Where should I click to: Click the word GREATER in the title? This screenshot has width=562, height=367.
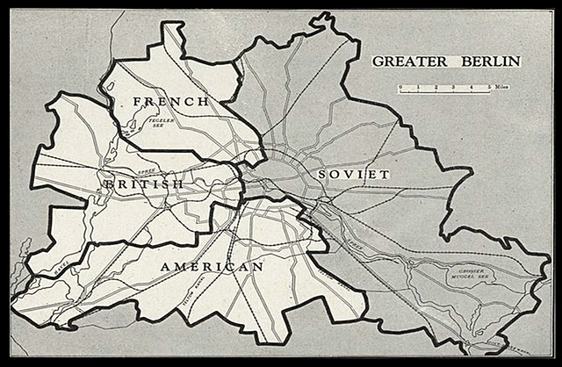[406, 61]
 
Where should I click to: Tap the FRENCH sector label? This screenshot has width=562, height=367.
[171, 102]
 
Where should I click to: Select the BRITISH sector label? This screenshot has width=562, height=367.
[144, 184]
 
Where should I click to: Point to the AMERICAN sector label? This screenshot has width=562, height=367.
[213, 266]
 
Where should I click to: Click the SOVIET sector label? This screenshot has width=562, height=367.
[354, 175]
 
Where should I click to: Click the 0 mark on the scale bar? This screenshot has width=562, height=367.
[400, 88]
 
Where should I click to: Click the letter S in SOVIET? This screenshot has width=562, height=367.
[323, 175]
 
